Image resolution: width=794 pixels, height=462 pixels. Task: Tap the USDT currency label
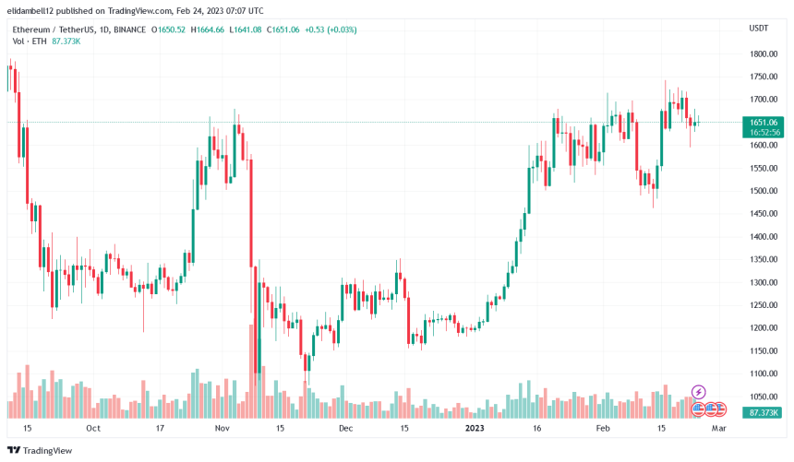click(x=758, y=29)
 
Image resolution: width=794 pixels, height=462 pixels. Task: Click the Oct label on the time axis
click(x=92, y=429)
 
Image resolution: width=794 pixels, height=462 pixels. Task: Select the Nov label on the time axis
click(x=222, y=429)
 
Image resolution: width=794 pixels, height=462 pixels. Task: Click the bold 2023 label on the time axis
click(x=474, y=429)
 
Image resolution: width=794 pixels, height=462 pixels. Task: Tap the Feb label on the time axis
click(x=603, y=429)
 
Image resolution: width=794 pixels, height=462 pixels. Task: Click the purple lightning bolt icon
click(x=699, y=393)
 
